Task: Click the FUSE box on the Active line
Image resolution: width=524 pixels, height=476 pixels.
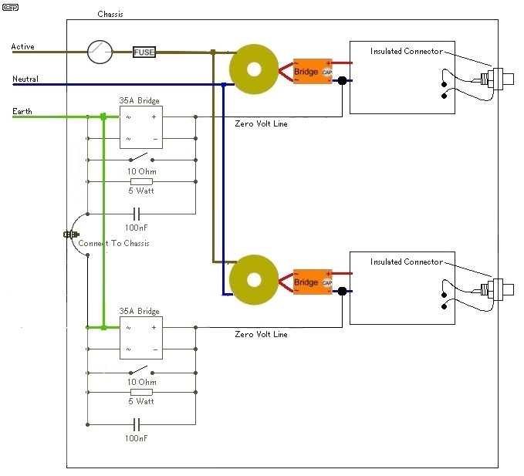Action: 144,52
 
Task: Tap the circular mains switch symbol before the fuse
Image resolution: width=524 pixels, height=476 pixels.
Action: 100,52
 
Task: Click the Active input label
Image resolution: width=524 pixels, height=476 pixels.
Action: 22,46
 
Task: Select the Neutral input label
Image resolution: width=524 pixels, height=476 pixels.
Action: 25,79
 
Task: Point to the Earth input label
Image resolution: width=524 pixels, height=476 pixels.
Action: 22,111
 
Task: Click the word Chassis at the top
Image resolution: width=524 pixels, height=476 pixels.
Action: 110,14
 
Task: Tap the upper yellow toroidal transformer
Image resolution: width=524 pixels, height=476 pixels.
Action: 254,69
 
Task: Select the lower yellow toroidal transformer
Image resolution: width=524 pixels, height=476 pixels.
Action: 254,280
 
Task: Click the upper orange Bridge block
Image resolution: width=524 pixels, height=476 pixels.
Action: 313,71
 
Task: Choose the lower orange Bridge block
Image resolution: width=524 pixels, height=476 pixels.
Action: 313,282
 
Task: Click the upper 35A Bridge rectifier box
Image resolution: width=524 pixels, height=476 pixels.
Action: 141,127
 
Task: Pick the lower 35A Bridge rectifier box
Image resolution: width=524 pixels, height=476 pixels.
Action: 141,338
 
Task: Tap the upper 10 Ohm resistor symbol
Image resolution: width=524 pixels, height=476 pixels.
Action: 141,182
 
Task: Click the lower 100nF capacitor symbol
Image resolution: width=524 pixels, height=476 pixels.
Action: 137,424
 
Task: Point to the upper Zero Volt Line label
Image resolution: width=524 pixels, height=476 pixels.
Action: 261,123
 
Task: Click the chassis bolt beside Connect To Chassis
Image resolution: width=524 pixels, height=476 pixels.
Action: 71,235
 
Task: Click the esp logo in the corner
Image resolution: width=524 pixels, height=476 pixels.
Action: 10,7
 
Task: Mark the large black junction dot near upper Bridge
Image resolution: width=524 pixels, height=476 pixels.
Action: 342,80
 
